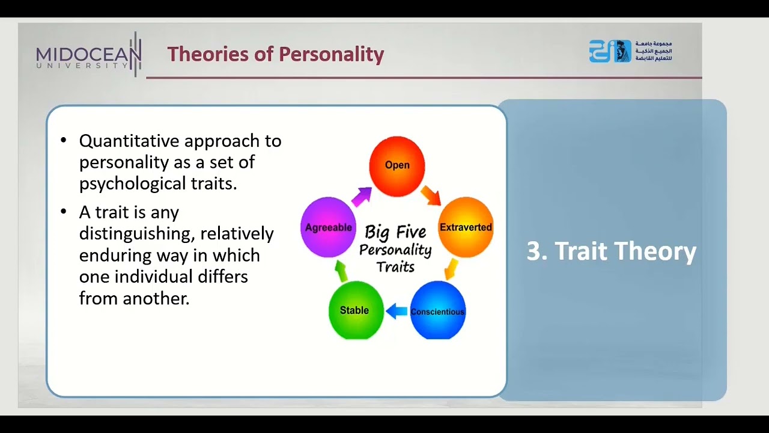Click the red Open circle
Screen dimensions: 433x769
[x=397, y=165]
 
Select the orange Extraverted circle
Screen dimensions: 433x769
[x=466, y=227]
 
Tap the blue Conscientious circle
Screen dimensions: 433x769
[x=437, y=310]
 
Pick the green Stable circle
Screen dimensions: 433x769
[x=356, y=310]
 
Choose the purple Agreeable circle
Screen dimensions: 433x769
[x=328, y=227]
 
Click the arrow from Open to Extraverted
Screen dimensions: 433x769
[x=430, y=195]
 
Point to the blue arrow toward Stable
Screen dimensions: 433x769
[x=397, y=311]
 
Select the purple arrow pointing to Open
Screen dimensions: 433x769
[x=362, y=196]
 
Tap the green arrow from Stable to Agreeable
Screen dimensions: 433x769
[x=341, y=271]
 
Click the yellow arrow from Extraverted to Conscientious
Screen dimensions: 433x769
[x=451, y=269]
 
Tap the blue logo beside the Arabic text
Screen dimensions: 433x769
[x=609, y=52]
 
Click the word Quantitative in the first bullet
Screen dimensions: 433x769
[x=129, y=141]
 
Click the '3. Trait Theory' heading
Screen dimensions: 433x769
[x=611, y=251]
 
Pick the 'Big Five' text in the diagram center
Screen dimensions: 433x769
[x=395, y=232]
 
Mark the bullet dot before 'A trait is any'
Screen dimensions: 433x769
[x=64, y=212]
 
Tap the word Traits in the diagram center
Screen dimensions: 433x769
[x=395, y=266]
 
